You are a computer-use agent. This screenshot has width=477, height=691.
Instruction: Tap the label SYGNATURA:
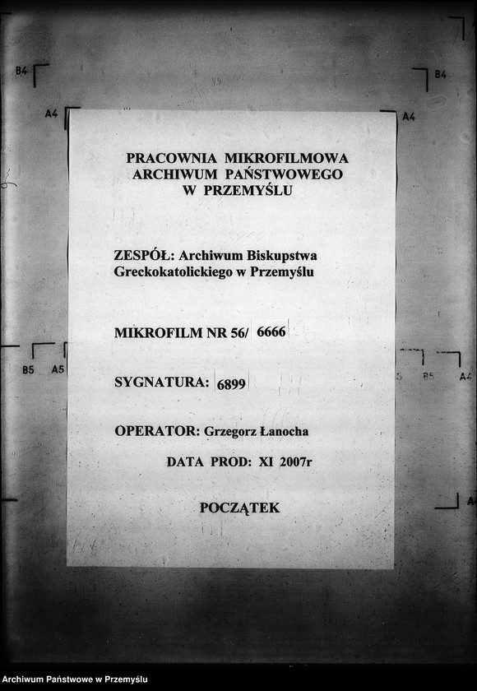click(161, 382)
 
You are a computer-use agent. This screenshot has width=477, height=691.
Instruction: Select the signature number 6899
click(231, 383)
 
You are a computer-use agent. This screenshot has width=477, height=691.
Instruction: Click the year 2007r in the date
click(296, 462)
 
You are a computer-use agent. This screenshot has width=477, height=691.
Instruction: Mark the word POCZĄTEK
click(239, 508)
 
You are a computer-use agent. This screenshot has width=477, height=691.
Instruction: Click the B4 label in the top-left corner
click(21, 72)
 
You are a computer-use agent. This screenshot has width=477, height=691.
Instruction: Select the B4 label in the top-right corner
click(440, 75)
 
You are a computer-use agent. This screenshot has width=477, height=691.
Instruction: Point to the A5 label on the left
click(58, 370)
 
